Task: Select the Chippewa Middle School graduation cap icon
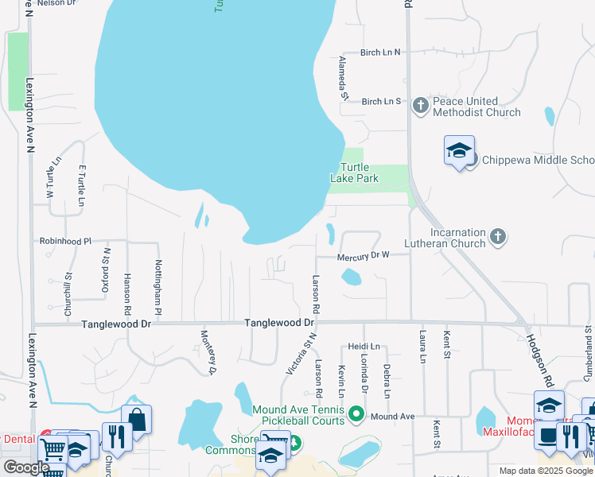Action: [x=459, y=150]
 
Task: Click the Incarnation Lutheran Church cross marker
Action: [x=498, y=236]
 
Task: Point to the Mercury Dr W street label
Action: [x=363, y=256]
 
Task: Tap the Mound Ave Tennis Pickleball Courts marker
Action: [x=357, y=413]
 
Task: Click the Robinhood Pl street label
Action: [x=66, y=240]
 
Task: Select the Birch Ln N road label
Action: [x=380, y=52]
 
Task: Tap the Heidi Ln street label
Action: [x=364, y=347]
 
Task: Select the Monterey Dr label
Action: [x=208, y=351]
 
